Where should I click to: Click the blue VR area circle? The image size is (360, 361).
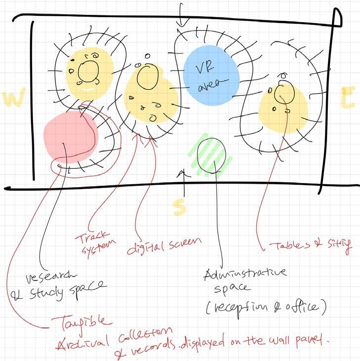[211, 77]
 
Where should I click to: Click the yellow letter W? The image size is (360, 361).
[13, 99]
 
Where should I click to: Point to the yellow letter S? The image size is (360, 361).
[181, 207]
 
